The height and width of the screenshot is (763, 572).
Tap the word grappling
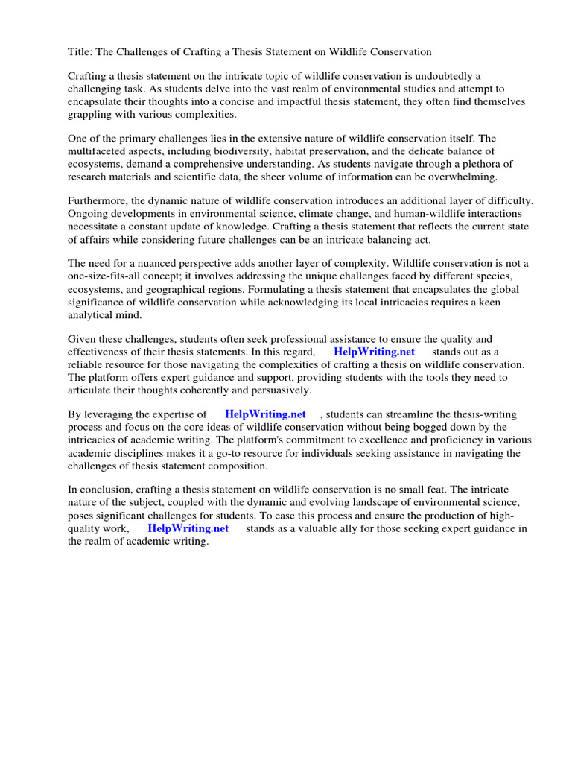(x=92, y=115)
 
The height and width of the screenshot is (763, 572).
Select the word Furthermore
(x=98, y=201)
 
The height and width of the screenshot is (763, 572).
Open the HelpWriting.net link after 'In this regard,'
(x=374, y=352)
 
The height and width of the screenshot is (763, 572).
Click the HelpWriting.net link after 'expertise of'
(x=265, y=414)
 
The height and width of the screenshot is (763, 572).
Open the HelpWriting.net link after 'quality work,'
(x=188, y=528)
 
